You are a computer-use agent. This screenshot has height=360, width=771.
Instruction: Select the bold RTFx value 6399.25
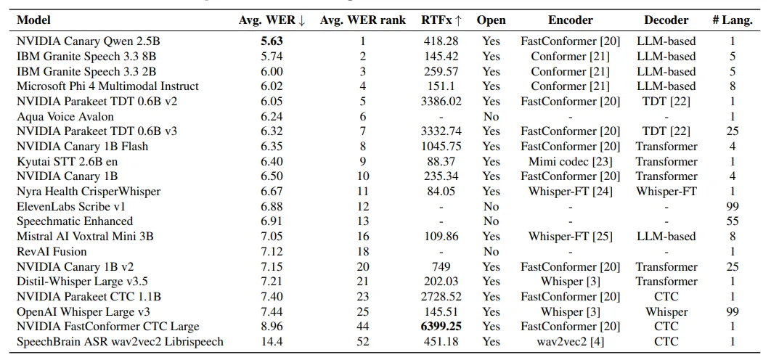(x=441, y=327)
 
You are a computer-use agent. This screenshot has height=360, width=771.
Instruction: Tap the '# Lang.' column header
(x=732, y=20)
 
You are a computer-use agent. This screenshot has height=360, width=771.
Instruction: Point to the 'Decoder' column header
(x=666, y=20)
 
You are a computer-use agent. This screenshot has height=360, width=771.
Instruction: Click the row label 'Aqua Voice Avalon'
(x=65, y=116)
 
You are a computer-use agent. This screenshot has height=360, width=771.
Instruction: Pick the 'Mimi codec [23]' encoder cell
(x=570, y=161)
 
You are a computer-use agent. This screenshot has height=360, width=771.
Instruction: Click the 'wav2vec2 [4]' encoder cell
(x=570, y=341)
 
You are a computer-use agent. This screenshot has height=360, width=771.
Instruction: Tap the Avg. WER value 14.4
(x=271, y=341)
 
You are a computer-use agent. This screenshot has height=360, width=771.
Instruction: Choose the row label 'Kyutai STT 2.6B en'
(x=67, y=161)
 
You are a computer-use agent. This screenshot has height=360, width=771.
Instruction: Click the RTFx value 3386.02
(x=441, y=101)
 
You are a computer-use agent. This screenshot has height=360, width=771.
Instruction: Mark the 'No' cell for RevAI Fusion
(x=491, y=251)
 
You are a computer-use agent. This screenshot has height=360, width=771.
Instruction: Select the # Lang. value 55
(x=733, y=221)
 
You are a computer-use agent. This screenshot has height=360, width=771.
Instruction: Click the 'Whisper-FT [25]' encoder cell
(x=570, y=236)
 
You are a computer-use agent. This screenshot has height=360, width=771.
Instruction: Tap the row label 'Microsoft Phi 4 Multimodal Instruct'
(x=107, y=86)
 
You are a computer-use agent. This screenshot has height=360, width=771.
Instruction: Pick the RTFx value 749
(x=441, y=266)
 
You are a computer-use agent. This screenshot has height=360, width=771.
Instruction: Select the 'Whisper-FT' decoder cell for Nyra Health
(x=666, y=191)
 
